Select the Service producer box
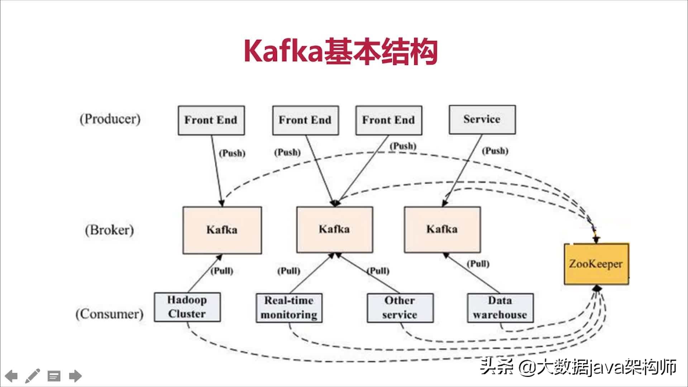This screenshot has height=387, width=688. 482,120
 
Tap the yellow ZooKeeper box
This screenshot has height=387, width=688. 596,264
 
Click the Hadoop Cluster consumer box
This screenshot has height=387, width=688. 187,307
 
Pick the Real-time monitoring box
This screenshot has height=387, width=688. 289,308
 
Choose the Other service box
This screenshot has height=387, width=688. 400,308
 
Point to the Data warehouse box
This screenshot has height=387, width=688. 500,308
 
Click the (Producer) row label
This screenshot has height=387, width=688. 110,119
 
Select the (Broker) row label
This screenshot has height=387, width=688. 109,230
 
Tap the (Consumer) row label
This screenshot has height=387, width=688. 109,314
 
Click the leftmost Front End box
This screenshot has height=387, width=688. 211,120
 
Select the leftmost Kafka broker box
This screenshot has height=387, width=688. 222,230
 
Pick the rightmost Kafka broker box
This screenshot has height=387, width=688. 442,229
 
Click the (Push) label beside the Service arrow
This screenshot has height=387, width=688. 495,151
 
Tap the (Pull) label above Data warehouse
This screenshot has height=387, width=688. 478,264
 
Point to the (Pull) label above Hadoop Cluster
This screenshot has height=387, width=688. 222,271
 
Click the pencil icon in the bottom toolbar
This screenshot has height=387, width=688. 32,376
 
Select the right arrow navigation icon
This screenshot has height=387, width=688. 75,376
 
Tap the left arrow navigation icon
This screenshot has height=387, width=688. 11,376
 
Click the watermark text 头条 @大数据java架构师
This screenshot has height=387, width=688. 578,367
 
